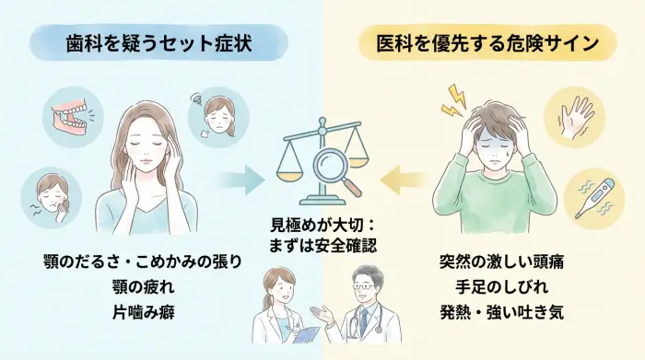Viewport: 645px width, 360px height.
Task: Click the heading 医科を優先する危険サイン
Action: [483, 42]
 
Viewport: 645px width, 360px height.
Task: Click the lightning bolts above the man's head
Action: [454, 101]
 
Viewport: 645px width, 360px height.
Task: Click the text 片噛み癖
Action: [141, 311]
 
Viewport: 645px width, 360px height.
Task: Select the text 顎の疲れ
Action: [141, 286]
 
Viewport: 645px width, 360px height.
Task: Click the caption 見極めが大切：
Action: [323, 225]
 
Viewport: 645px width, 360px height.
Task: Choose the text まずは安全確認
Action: [323, 245]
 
